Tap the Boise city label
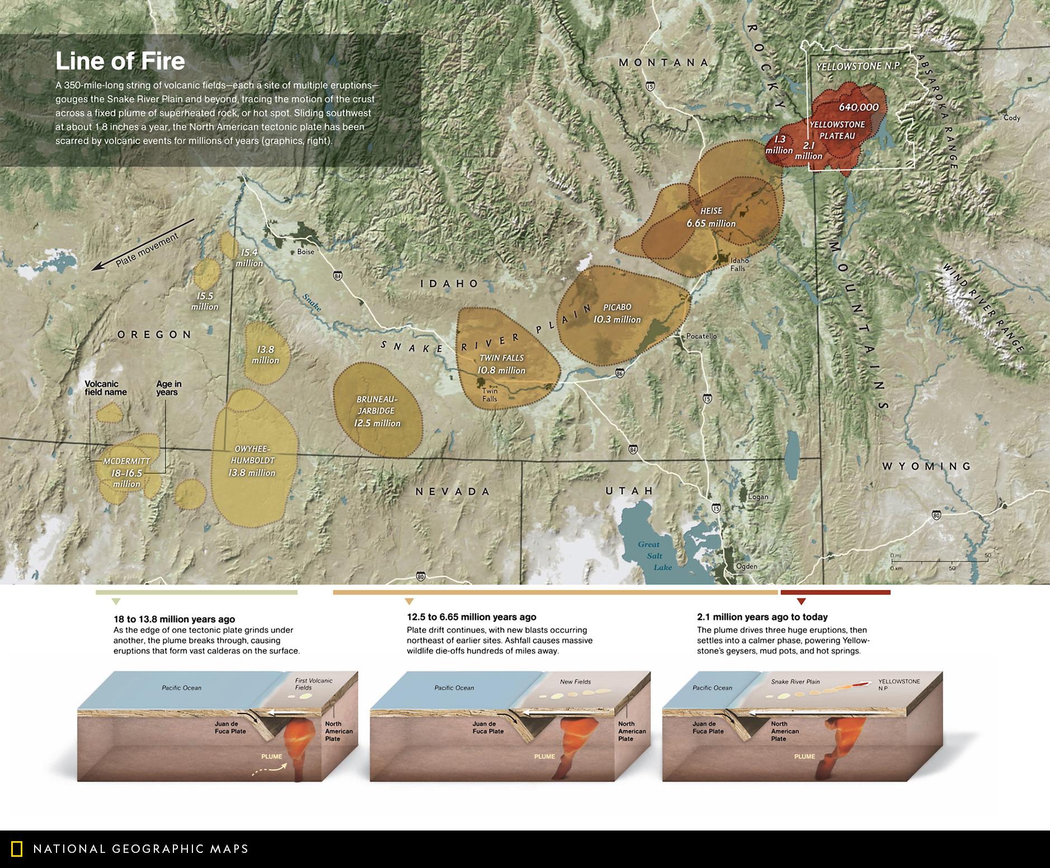point(305,252)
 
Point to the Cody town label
point(1012,118)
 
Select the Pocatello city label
point(701,336)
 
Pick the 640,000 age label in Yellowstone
point(859,107)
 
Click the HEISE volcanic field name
point(711,211)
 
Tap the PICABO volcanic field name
point(617,307)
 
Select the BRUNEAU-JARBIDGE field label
point(376,405)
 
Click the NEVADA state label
point(453,491)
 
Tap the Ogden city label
point(747,566)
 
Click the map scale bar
point(940,561)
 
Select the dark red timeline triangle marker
point(801,602)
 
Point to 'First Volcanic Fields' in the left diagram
point(313,684)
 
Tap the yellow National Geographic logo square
point(17,849)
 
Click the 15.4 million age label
point(249,258)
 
